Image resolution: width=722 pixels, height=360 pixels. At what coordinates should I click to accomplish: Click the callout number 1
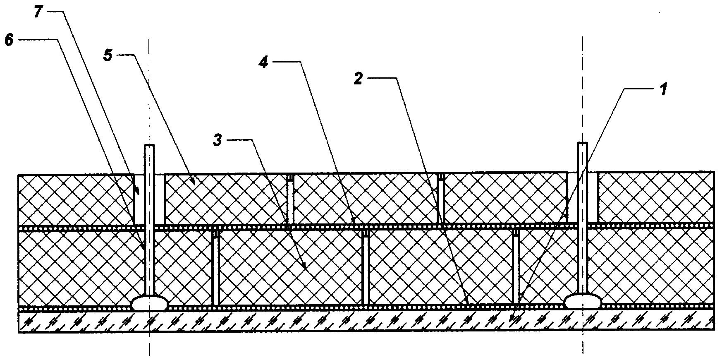point(662,89)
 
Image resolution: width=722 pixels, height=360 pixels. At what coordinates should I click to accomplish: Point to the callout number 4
point(263,62)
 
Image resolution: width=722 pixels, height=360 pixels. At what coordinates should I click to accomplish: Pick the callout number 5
point(108,56)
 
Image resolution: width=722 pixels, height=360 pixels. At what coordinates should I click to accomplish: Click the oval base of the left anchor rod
point(150,303)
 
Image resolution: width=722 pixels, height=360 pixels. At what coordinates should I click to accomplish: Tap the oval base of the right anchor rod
point(583,301)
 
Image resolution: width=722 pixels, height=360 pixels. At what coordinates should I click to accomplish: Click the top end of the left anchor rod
point(149,146)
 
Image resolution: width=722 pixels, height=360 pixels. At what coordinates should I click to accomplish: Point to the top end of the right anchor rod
point(583,144)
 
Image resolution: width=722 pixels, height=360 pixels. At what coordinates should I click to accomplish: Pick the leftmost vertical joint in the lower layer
point(215,269)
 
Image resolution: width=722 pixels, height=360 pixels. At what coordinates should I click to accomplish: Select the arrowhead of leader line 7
point(138,193)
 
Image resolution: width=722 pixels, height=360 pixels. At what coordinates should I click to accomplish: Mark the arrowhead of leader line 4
point(353,220)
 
